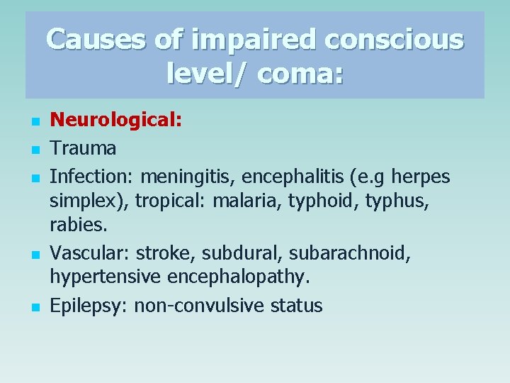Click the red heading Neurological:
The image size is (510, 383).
tap(116, 121)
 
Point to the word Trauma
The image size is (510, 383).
tap(83, 148)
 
